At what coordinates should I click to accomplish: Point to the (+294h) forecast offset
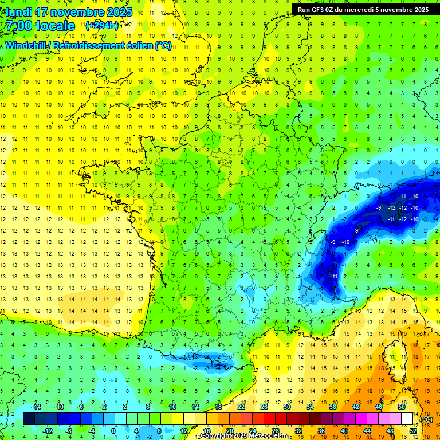[103, 26]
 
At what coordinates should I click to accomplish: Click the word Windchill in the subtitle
[26, 45]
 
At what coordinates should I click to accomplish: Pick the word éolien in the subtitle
[141, 45]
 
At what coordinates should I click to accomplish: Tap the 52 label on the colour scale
[413, 430]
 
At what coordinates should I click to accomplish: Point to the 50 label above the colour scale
[402, 407]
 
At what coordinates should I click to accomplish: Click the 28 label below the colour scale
[276, 430]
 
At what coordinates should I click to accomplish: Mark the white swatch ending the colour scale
[407, 419]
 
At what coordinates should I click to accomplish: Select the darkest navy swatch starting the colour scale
[29, 419]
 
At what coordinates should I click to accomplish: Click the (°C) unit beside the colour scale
[427, 419]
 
